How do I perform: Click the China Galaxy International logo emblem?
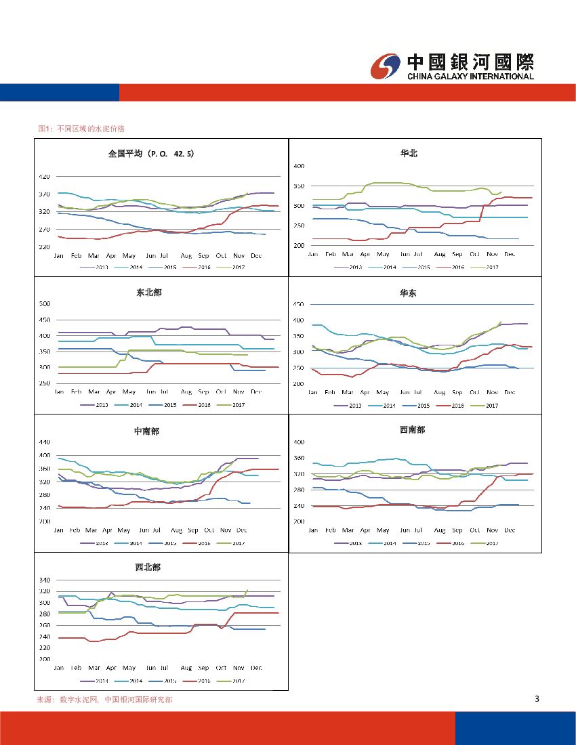click(386, 66)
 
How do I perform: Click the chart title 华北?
click(409, 154)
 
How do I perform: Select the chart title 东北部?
click(149, 293)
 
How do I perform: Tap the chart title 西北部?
click(148, 567)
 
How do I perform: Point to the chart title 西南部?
click(412, 429)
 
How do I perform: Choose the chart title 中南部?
click(146, 431)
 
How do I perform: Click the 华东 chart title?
click(408, 293)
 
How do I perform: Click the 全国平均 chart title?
click(151, 154)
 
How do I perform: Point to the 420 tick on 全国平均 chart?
click(43, 176)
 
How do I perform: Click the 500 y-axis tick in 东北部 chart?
click(43, 303)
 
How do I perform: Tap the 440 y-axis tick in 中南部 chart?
click(43, 442)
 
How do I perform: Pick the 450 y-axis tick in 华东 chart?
click(297, 304)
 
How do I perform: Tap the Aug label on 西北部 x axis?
click(186, 668)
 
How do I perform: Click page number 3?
click(537, 699)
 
